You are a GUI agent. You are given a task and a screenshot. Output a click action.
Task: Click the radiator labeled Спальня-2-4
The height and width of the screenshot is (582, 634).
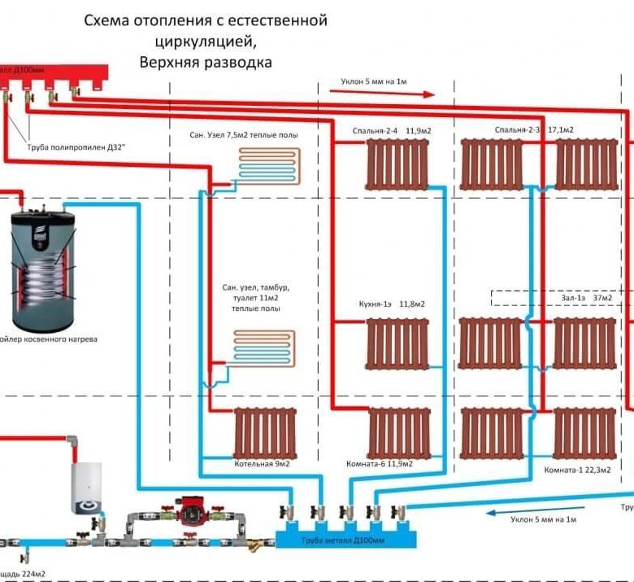pos(398,164)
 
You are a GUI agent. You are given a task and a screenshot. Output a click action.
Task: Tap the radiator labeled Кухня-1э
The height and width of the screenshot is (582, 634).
pos(398,343)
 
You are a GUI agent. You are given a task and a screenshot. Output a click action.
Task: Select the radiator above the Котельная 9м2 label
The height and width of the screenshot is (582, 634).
pos(264,434)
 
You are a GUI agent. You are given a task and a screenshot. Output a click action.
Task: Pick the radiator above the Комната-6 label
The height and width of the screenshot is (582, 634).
pos(398,434)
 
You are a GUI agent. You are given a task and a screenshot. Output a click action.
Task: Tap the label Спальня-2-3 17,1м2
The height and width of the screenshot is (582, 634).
pos(533,130)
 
